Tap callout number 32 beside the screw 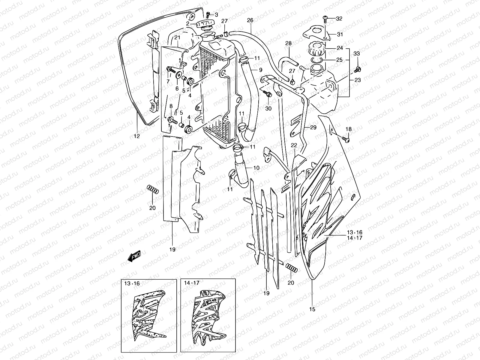[x=339, y=19]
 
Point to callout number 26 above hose [x=250, y=20]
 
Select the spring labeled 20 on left [x=152, y=190]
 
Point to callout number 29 [x=313, y=127]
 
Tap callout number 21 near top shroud [x=177, y=37]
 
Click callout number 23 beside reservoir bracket [x=357, y=80]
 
